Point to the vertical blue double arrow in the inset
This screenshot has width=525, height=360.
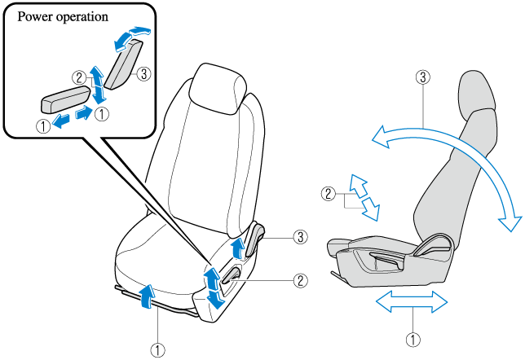coord(98,84)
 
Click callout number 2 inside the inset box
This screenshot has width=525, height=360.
coord(79,77)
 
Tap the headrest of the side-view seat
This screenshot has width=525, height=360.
coord(476,90)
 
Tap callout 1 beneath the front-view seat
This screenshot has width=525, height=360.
coord(159,349)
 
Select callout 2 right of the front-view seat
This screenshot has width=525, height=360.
coord(301,279)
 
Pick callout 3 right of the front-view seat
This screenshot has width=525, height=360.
coord(301,238)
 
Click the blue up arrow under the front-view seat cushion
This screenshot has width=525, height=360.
coord(147,296)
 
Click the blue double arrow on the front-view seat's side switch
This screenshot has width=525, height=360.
coord(213,287)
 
